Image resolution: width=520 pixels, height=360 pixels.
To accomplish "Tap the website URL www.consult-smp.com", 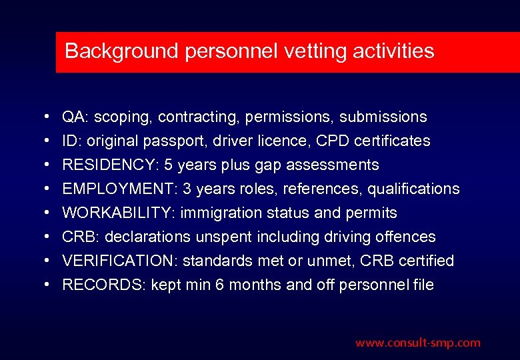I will click(417, 343).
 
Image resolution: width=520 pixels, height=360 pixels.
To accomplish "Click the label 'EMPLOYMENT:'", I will click(113, 189).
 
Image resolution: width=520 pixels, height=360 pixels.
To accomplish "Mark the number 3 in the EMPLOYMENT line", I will click(187, 189).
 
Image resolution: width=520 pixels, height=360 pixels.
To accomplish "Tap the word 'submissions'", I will click(383, 117).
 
